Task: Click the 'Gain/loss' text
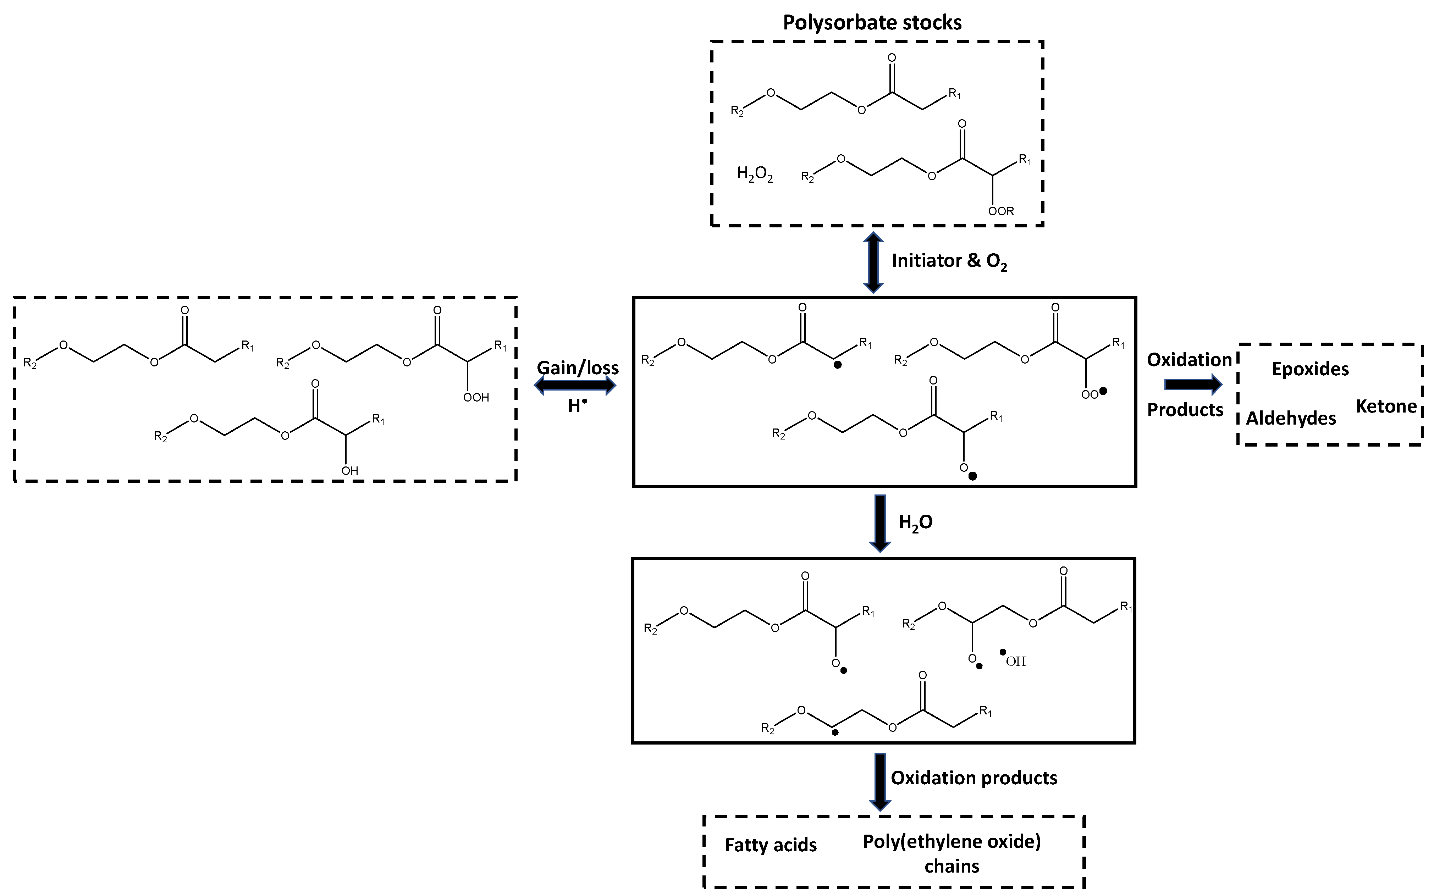tap(578, 368)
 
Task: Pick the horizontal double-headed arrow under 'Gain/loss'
tap(575, 386)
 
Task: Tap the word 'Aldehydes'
tap(1291, 418)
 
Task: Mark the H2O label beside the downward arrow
tap(916, 523)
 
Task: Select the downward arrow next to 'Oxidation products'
tap(880, 781)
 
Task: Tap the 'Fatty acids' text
tap(770, 845)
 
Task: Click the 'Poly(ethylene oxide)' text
tap(952, 841)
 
